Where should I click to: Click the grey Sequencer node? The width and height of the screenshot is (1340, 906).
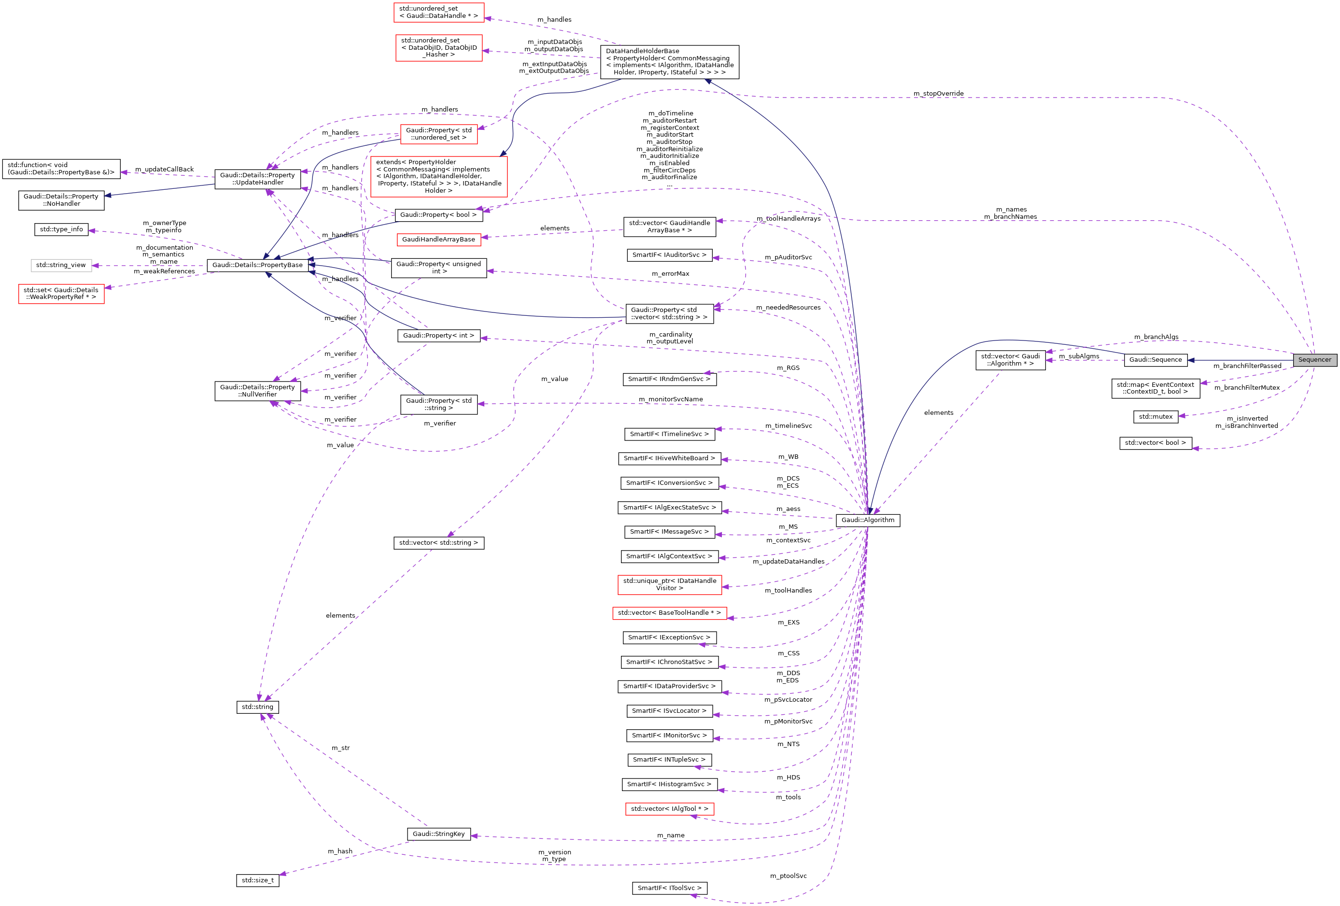pyautogui.click(x=1314, y=360)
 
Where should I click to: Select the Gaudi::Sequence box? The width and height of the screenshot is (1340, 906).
pyautogui.click(x=1155, y=360)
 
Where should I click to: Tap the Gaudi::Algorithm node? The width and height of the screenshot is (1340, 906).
pyautogui.click(x=867, y=520)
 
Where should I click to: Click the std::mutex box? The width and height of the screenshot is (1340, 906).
pyautogui.click(x=1155, y=416)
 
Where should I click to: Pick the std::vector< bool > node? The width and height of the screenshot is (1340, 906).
pyautogui.click(x=1155, y=443)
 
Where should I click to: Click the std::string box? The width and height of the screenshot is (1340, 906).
pyautogui.click(x=257, y=707)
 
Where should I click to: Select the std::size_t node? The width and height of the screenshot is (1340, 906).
pyautogui.click(x=257, y=880)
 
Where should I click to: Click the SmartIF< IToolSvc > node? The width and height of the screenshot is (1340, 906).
pyautogui.click(x=669, y=888)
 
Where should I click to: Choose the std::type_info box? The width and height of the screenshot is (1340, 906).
pyautogui.click(x=61, y=229)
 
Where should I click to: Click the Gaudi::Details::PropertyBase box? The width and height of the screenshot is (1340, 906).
pyautogui.click(x=257, y=265)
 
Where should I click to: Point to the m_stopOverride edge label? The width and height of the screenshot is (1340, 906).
pyautogui.click(x=938, y=93)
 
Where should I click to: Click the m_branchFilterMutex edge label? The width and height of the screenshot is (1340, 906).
pyautogui.click(x=1247, y=387)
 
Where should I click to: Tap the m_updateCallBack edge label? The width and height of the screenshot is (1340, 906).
pyautogui.click(x=164, y=170)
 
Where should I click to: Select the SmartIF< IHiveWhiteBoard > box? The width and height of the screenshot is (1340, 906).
pyautogui.click(x=669, y=458)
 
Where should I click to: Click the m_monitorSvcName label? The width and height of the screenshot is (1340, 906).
pyautogui.click(x=671, y=399)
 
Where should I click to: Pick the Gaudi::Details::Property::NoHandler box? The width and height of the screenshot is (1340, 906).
pyautogui.click(x=61, y=200)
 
